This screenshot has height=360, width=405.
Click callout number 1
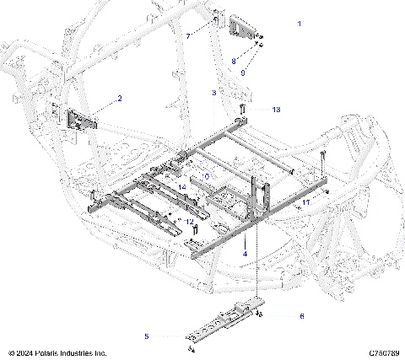coord(300,24)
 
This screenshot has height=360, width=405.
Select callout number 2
coord(119,99)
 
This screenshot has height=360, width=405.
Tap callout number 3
coord(214,91)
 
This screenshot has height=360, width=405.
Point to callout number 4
coord(245,252)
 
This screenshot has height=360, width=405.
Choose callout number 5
coord(146,336)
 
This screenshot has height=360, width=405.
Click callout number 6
coord(301,316)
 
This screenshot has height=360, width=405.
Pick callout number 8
coord(234,61)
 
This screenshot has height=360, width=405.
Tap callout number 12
coord(190,222)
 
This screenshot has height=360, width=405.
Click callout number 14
coord(181,185)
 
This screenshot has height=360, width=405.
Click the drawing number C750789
coord(383,352)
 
